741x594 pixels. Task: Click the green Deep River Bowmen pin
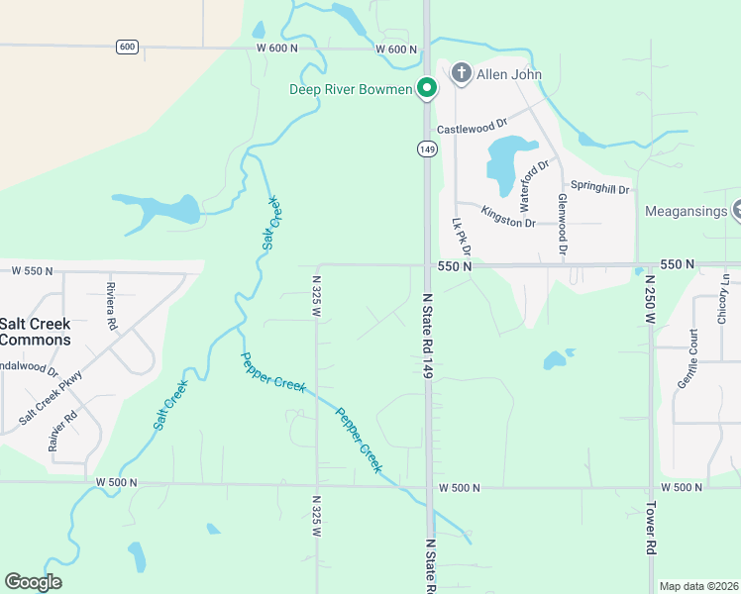coord(427,89)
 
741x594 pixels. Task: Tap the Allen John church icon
coord(460,73)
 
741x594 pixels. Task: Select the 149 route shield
coord(426,148)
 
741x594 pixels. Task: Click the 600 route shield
coord(126,47)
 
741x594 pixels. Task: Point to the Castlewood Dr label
coord(472,129)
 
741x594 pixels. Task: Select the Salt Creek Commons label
coord(36,332)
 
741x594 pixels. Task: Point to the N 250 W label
coord(651,301)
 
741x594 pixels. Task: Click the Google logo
coord(33,582)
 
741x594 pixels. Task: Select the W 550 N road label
coord(31,270)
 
